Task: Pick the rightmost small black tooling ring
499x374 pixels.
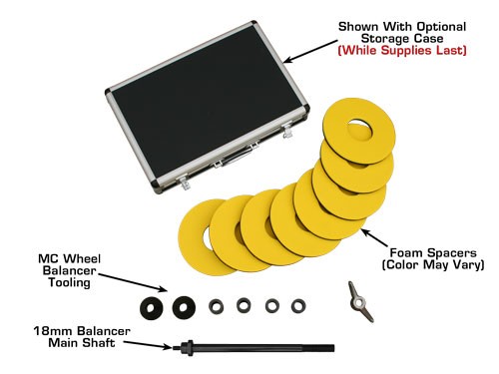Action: pyautogui.click(x=297, y=305)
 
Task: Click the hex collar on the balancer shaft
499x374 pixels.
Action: pyautogui.click(x=187, y=348)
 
